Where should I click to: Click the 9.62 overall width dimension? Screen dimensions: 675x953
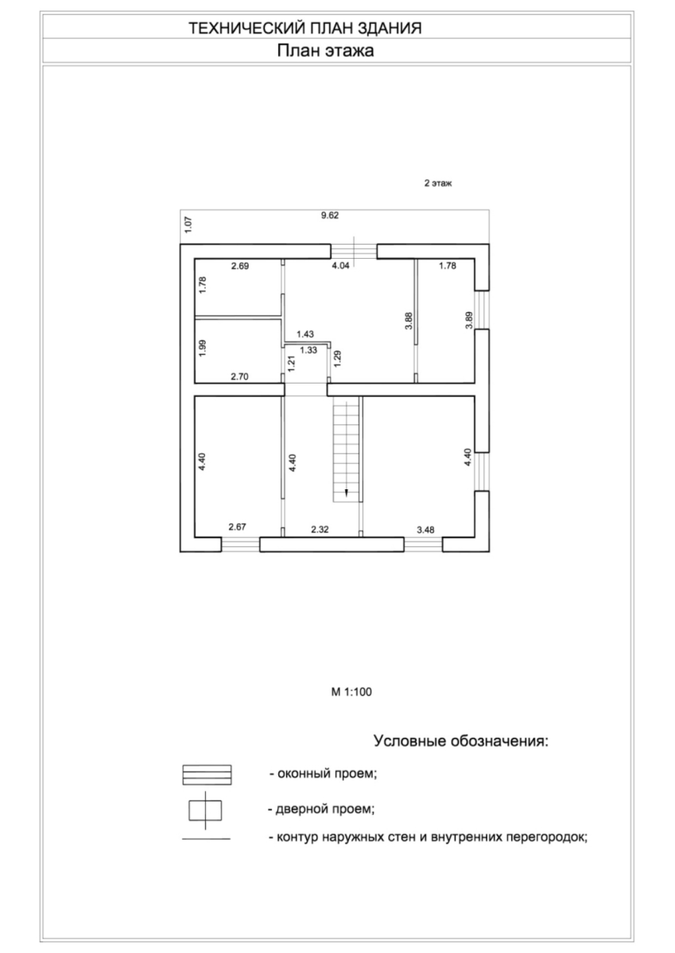[330, 215]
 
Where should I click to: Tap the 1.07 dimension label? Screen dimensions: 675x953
[188, 225]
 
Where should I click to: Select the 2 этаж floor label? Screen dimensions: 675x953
[438, 183]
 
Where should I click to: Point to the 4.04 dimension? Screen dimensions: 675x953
[341, 265]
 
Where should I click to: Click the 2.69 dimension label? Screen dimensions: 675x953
[240, 266]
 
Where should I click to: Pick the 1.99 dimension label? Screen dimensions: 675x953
[203, 348]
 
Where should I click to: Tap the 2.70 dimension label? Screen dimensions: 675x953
[239, 376]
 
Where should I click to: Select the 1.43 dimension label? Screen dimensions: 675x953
[305, 334]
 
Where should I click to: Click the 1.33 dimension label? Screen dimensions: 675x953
[308, 350]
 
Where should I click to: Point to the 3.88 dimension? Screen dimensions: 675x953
[409, 321]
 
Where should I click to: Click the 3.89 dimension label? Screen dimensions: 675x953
[469, 320]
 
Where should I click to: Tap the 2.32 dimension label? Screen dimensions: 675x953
[320, 530]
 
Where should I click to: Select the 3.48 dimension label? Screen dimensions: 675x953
[425, 530]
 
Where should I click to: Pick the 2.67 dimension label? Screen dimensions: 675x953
[237, 527]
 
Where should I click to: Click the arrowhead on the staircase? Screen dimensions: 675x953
[346, 493]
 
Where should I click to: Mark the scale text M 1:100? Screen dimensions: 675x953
[351, 693]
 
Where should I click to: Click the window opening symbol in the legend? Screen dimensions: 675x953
[207, 775]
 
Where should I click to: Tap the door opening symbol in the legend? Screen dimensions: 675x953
[205, 811]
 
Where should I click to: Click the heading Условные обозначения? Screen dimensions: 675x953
[461, 741]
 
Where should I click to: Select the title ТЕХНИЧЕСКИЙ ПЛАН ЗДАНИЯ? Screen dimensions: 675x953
[305, 28]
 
